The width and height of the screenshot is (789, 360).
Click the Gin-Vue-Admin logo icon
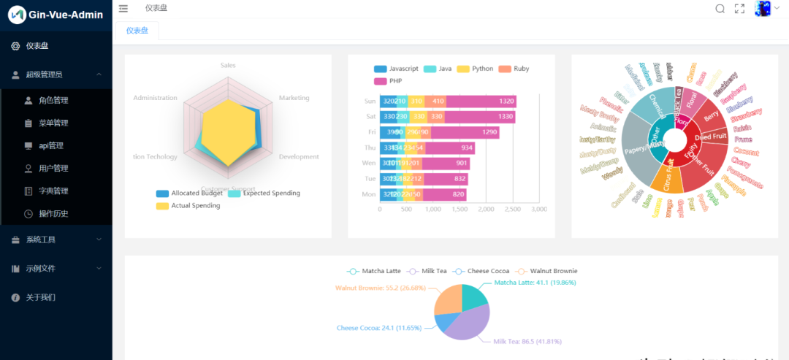pos(17,15)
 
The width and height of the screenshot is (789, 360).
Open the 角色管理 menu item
pos(53,100)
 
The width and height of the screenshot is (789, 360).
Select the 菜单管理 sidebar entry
pos(53,123)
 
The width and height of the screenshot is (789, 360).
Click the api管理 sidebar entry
pos(51,145)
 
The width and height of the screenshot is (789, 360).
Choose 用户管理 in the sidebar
pos(53,168)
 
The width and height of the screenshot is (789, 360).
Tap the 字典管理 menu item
pos(53,191)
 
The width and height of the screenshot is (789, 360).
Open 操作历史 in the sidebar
pos(53,213)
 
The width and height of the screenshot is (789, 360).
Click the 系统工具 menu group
pos(41,240)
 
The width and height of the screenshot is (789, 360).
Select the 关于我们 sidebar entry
pos(41,297)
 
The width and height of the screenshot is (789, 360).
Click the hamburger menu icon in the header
pos(123,9)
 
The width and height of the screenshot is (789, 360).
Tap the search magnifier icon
pos(720,9)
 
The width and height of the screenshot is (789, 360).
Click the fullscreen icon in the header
pos(739,9)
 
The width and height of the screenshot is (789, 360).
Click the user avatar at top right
pos(763,9)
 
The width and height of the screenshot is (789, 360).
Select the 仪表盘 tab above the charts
pos(137,31)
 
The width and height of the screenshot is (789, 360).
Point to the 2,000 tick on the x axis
pos(486,209)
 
